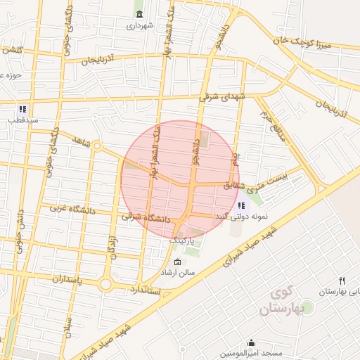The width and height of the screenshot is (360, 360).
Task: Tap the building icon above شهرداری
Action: [139, 15]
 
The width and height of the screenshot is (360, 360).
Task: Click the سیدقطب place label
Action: [22, 120]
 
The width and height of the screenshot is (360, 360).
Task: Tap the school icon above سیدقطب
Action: [22, 110]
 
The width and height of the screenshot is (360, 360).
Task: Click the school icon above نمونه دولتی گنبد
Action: [241, 205]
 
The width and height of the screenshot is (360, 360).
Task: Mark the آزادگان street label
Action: [111, 246]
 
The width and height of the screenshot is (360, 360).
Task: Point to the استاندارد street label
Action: [146, 289]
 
